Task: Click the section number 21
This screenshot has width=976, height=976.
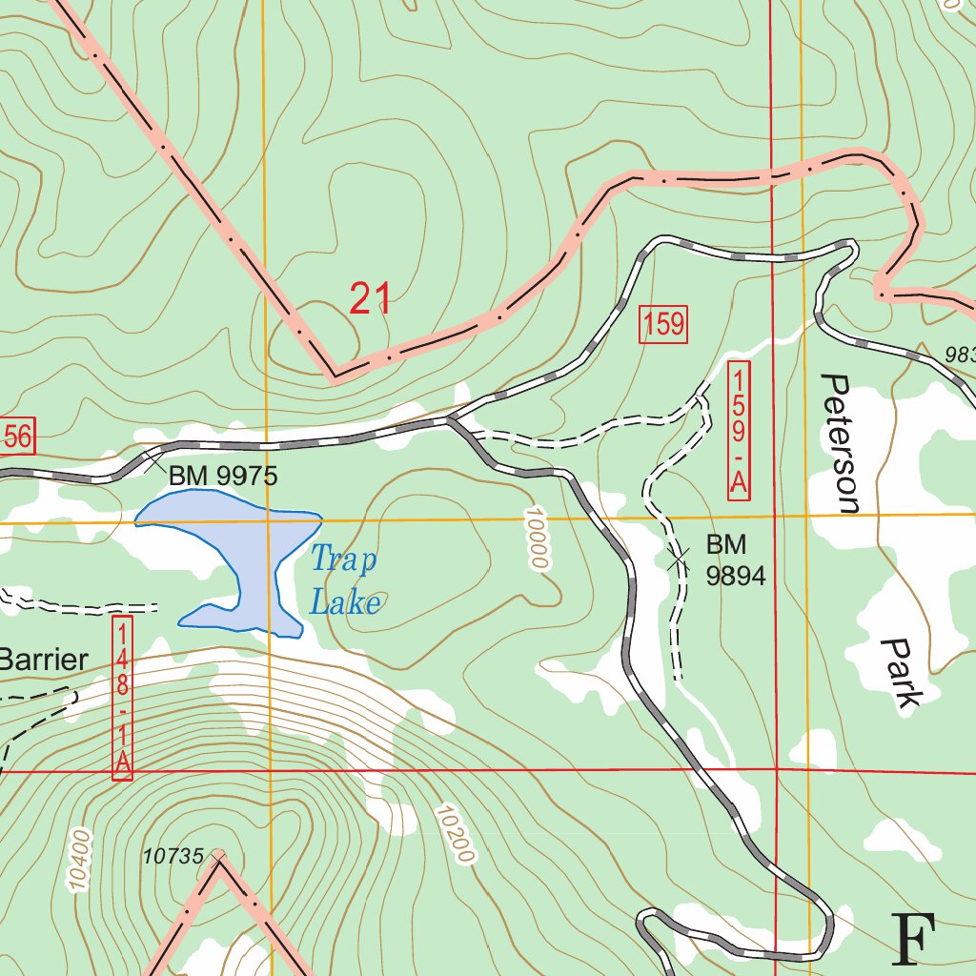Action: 370,298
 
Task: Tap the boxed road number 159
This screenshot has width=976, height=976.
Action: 662,325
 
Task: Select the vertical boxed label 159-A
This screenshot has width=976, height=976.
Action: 739,430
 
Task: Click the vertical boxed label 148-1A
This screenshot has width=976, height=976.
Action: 122,698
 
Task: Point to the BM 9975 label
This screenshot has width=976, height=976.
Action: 222,476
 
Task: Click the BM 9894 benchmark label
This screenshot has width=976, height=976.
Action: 735,559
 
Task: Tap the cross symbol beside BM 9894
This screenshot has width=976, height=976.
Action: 679,559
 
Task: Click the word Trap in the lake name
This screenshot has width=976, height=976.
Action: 343,560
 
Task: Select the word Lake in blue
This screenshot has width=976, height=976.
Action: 345,602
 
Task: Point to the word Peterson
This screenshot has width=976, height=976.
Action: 840,443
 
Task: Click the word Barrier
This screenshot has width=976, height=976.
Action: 43,660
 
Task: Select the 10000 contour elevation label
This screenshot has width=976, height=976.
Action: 536,539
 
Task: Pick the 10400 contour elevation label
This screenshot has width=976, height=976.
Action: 80,861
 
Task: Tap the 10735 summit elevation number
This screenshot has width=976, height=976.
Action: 173,857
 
